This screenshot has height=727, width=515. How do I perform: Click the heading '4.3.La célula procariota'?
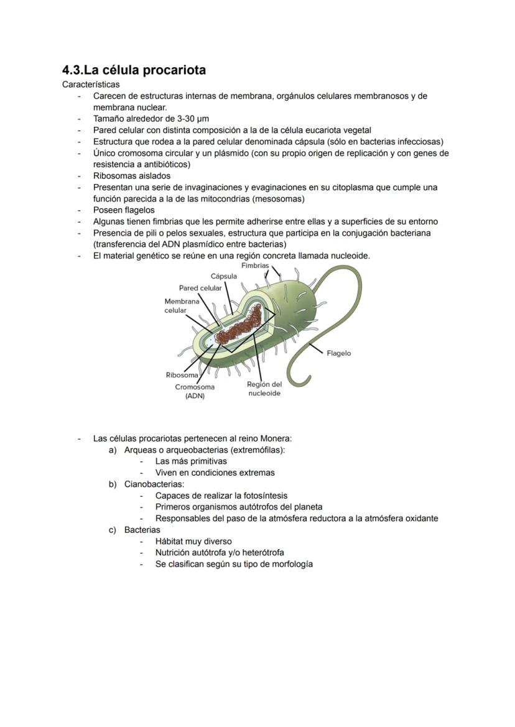(134, 70)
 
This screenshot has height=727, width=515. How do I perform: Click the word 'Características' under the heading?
(91, 84)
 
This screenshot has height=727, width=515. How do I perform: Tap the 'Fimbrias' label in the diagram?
(255, 266)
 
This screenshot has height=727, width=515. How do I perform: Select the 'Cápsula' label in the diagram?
(223, 276)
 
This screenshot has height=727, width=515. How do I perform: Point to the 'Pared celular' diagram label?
(200, 288)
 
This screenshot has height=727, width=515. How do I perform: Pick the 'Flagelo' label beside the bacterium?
(338, 353)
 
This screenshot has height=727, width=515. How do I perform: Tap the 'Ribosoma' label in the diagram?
(182, 375)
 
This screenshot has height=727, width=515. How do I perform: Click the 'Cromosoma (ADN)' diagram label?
(195, 391)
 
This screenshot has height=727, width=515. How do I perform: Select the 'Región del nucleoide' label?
(264, 389)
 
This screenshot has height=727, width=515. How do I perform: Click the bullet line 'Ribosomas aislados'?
(131, 176)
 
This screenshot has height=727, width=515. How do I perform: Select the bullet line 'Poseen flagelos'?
(124, 210)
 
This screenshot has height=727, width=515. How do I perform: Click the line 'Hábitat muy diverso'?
(193, 541)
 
